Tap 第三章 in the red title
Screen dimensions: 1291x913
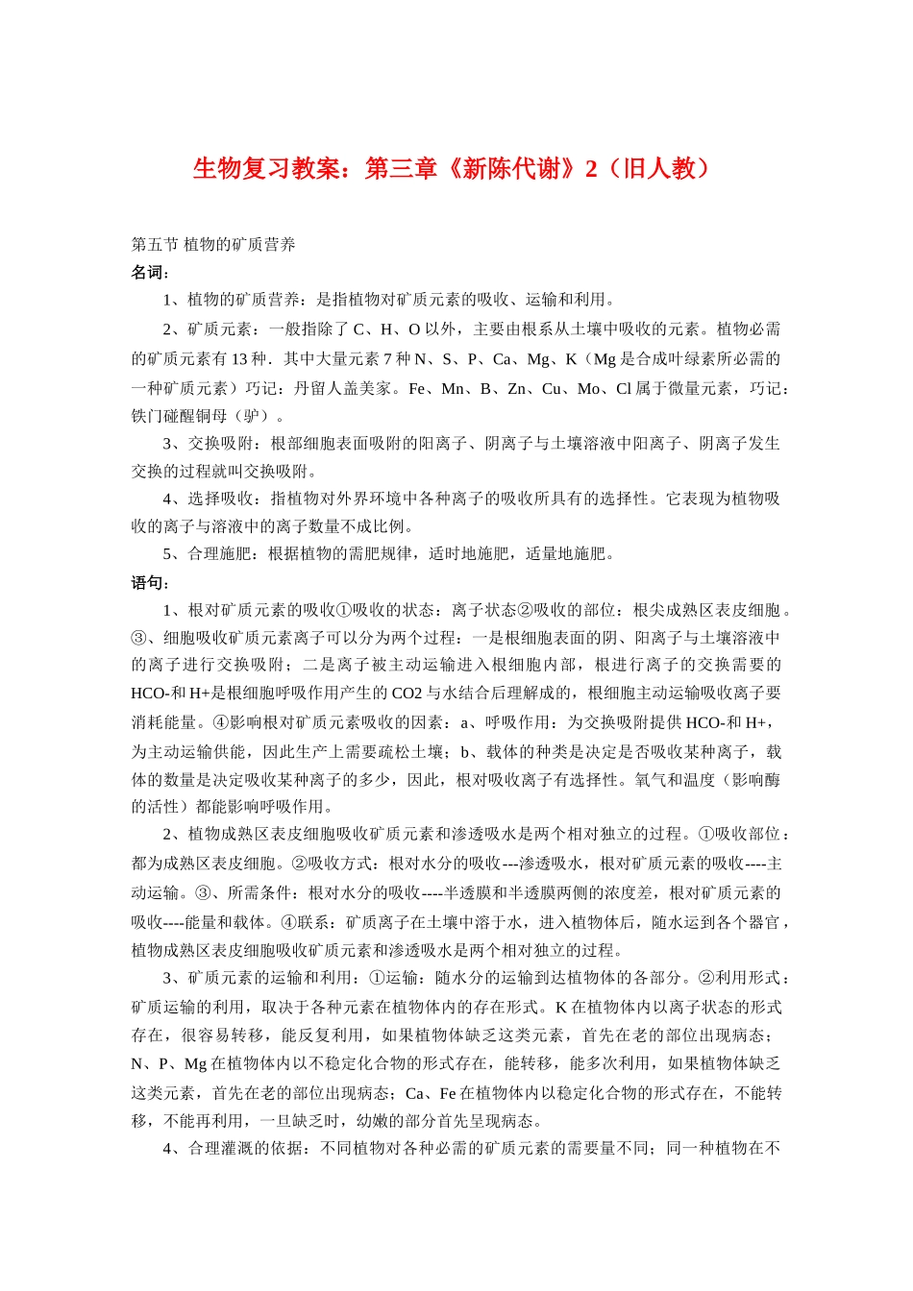pos(401,169)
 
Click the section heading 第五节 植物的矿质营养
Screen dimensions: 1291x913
pos(213,245)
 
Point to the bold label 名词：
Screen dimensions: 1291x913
pos(150,273)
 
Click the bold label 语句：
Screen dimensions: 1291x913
pos(150,582)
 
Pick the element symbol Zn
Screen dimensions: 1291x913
pos(517,389)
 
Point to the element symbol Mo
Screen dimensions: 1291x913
pos(588,389)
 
